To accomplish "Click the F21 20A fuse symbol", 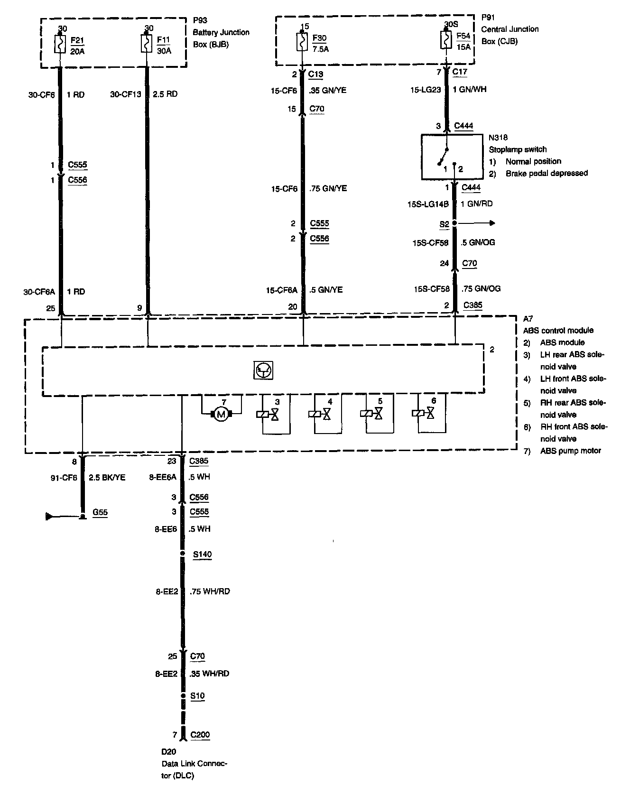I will (60, 44).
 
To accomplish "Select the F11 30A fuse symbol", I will (147, 44).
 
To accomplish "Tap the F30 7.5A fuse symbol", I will (302, 41).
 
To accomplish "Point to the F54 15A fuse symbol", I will (446, 41).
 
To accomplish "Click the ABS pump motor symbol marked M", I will (221, 415).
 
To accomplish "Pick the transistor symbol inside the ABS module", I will (263, 370).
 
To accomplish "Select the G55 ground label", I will (100, 512).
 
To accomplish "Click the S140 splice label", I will (202, 554).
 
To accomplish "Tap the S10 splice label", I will (197, 696).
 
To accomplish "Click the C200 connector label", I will (200, 735).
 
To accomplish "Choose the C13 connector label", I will (315, 74).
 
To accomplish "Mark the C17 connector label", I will (460, 72).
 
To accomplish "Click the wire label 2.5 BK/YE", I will (107, 477).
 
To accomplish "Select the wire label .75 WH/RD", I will (209, 592).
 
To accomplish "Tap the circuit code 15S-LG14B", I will (428, 204).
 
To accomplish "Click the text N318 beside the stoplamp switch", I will (498, 138).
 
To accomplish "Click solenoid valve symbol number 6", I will (430, 414).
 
